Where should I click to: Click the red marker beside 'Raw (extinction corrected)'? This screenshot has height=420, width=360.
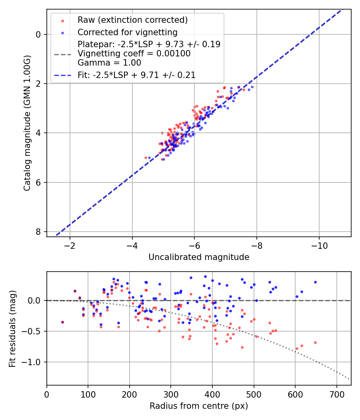pos(62,20)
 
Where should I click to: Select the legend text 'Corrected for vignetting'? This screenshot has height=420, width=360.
pos(127,32)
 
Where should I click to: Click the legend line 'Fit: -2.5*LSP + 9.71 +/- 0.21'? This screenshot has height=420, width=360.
pos(62,75)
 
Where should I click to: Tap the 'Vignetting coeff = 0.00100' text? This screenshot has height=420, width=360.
pos(134,53)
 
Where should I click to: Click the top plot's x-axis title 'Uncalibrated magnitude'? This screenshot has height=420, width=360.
pos(199,257)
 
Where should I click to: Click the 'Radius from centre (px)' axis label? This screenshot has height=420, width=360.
pos(199,406)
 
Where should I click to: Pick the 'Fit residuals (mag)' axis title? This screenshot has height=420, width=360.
pos(12,328)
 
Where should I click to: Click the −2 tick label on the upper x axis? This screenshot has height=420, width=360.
pos(70,244)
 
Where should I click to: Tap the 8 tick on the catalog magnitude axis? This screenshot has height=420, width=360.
pos(38,232)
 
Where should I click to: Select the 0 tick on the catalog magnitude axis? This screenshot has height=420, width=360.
pos(38,34)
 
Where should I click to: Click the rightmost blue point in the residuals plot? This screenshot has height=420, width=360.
pos(315,282)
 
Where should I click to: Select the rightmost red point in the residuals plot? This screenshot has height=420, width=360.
pos(315,342)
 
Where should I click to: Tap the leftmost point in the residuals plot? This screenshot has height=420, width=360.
pos(62,322)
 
